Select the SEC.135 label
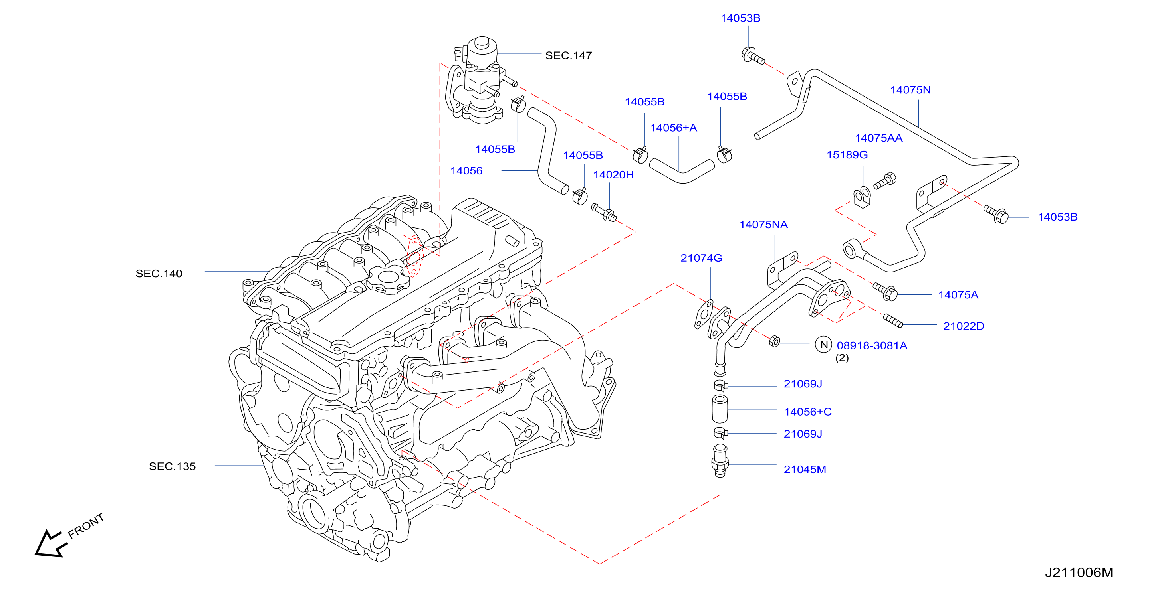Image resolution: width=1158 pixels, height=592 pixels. [x=172, y=466]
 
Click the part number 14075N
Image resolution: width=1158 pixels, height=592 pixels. [x=910, y=90]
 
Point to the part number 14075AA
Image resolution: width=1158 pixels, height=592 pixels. [x=878, y=138]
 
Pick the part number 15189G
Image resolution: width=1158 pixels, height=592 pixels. [x=847, y=154]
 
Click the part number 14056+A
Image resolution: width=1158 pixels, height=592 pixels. [x=673, y=128]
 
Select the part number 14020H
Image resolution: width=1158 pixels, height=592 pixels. [x=613, y=174]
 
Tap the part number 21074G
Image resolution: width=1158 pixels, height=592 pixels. [x=701, y=258]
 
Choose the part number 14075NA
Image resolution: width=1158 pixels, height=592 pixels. [x=763, y=224]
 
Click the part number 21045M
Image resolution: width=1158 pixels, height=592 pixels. [x=805, y=470]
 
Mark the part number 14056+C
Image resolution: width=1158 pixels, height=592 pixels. [x=807, y=411]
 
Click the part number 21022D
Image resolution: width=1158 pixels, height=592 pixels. [x=964, y=326]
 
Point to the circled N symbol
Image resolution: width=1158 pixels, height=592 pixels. [x=823, y=345]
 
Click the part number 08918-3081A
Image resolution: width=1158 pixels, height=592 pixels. [x=872, y=345]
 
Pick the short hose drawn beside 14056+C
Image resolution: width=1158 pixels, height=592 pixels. [x=720, y=409]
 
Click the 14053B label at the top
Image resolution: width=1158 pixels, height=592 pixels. [x=740, y=18]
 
